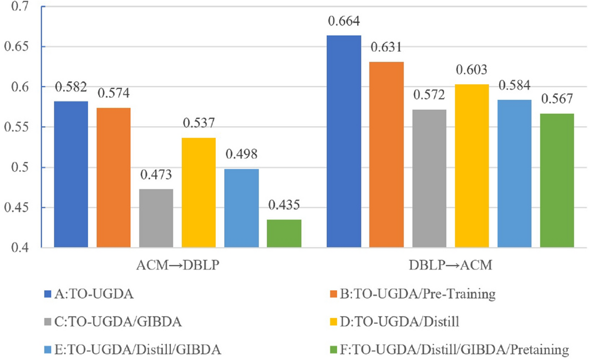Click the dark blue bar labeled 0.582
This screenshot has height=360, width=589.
(x=70, y=174)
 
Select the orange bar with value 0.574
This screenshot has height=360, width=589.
(x=113, y=178)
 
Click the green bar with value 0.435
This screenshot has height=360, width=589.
(x=284, y=234)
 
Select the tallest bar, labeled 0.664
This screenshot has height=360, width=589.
(x=344, y=141)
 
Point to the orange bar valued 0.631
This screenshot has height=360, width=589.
(x=387, y=155)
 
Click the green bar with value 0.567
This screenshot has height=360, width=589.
(x=557, y=180)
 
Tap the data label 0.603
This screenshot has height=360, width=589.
(x=472, y=71)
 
